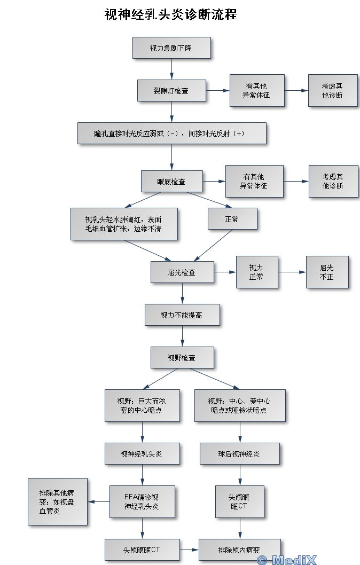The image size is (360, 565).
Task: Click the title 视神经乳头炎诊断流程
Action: coord(170,14)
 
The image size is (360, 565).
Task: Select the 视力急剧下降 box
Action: coord(171,48)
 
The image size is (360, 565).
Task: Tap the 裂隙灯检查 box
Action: coord(171,91)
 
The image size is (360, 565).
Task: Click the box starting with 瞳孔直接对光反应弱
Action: coord(171,134)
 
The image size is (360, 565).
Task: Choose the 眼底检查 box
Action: coord(171,182)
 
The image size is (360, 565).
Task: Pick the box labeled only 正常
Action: coord(232,219)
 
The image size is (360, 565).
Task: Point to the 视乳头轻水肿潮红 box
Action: coord(124,224)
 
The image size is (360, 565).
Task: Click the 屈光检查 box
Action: coord(182,272)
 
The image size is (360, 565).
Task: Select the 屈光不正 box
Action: coord(327,272)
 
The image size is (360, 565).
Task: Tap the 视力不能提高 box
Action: coord(182,315)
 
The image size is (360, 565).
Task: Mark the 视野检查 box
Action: coord(182,358)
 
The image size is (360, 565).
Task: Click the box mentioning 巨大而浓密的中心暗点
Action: coord(142,406)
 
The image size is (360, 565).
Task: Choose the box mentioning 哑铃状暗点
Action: coord(239,406)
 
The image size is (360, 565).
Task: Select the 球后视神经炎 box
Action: coord(239,454)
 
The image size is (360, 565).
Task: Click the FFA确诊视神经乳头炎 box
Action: coord(142,501)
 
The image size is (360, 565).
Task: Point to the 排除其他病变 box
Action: coord(57,501)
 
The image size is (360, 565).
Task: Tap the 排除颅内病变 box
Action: coord(239,550)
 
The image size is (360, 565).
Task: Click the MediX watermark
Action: coord(287,560)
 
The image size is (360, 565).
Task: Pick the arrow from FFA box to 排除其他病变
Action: coord(98,501)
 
